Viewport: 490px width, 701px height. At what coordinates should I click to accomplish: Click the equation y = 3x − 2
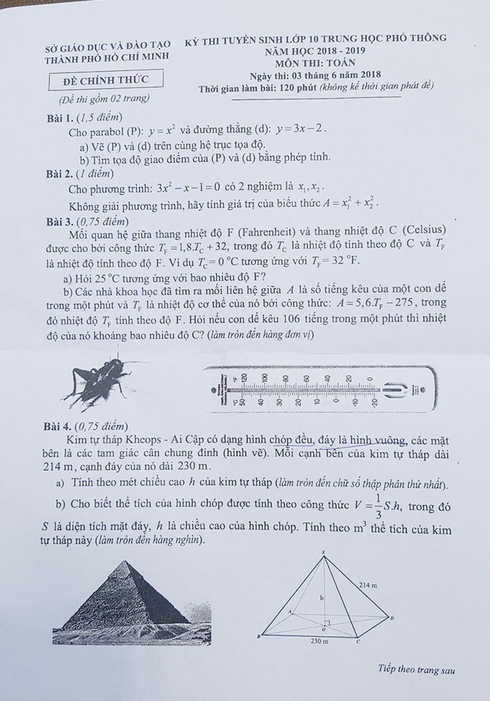(300, 128)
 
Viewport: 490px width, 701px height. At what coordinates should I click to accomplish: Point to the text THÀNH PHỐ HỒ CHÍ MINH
(106, 56)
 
